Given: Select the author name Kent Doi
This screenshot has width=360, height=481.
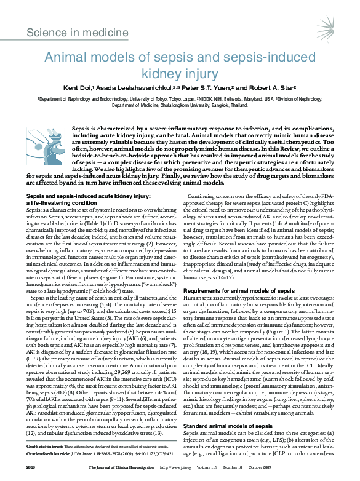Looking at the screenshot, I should point(97,89).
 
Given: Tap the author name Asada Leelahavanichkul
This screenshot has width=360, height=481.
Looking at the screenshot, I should point(145,89).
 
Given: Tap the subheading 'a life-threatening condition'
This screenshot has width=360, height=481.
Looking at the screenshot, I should point(54,185).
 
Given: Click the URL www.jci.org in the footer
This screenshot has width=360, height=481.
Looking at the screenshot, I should point(189,467).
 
